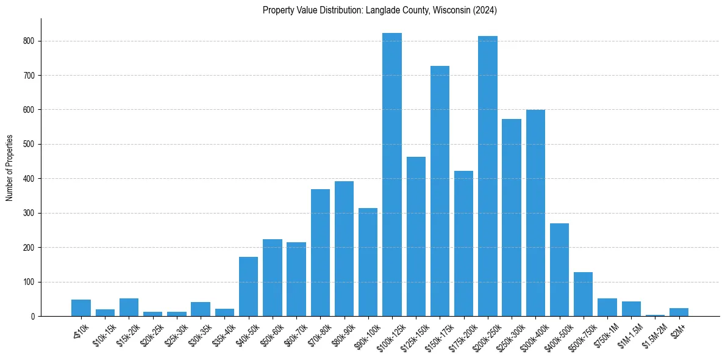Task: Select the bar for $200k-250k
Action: click(x=488, y=176)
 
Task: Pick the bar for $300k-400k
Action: click(x=535, y=213)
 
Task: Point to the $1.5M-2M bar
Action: click(x=655, y=315)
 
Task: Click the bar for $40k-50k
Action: click(x=248, y=287)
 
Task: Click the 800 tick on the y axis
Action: click(x=30, y=41)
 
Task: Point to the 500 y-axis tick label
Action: click(x=30, y=145)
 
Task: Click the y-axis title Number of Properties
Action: click(x=10, y=168)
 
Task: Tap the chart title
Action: click(x=380, y=10)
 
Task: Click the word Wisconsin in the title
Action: click(x=451, y=10)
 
